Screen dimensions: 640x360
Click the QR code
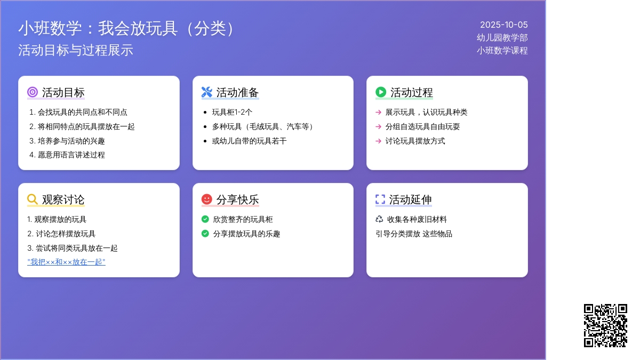tap(605, 325)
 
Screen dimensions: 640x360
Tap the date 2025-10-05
tap(503, 25)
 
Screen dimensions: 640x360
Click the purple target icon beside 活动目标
tap(33, 92)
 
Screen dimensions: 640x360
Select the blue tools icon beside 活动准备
tap(206, 92)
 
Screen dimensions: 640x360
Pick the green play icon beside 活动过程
tap(381, 92)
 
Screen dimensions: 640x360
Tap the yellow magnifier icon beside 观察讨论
tap(33, 199)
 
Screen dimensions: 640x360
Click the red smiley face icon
tap(206, 199)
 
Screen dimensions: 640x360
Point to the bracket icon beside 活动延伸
tap(380, 199)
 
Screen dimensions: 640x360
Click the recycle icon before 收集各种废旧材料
tap(379, 219)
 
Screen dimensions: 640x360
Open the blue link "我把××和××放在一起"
tap(66, 262)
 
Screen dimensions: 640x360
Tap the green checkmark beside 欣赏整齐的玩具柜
tap(205, 219)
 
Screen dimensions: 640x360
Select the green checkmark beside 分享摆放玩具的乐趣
tap(205, 234)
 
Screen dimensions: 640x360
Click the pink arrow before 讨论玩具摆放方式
tap(378, 141)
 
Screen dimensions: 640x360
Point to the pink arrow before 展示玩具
tap(378, 113)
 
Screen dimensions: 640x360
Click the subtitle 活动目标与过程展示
tap(76, 50)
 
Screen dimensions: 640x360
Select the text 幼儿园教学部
tap(502, 38)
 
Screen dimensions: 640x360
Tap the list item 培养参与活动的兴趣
tap(71, 141)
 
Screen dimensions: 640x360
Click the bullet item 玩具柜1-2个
tap(232, 113)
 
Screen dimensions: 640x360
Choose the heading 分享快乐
tap(237, 199)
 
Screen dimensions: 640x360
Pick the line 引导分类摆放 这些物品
tap(414, 234)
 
